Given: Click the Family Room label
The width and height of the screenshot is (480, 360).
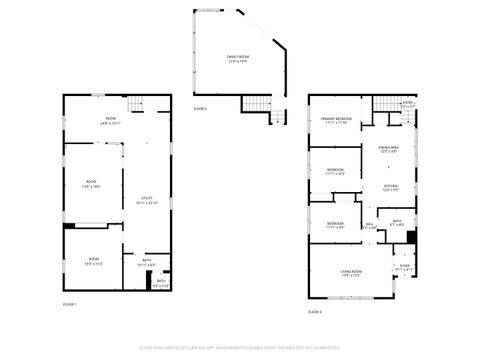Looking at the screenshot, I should coord(238,58).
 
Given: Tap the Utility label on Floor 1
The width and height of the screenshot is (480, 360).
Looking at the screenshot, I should coord(145,200).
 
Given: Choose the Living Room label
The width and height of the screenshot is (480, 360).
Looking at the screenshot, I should coord(351,273).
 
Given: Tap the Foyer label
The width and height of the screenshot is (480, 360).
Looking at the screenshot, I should coord(404,267).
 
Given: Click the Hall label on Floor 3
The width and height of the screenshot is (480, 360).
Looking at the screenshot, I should coord(369,225).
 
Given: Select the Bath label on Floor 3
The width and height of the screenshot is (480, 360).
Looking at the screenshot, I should coord(397,222).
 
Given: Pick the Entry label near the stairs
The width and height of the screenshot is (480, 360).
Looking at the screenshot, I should coord(408,103).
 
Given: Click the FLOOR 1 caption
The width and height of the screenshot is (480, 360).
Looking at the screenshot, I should coord(70,304).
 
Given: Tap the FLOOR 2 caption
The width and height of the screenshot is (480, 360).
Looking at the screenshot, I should coord(200,107).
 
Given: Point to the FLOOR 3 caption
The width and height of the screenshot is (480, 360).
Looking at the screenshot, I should coord(315,313).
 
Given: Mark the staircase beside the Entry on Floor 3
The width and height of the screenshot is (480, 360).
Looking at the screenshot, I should coord(386,104).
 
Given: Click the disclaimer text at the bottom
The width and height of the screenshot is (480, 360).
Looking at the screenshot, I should coord(240,348).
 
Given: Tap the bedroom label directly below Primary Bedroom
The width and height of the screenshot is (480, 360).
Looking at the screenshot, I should coord(336,171).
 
